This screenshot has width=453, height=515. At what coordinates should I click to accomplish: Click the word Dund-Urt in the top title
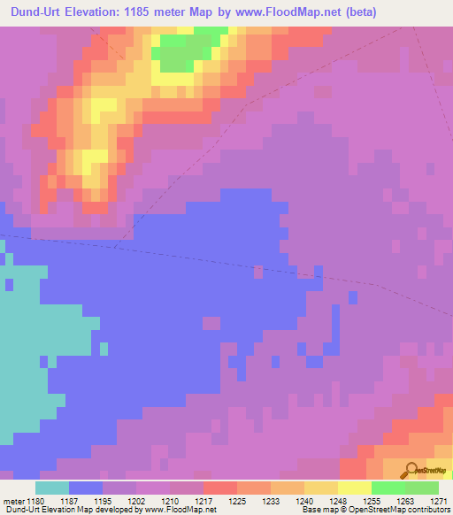[38, 12]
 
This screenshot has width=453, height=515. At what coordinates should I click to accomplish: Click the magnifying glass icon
[411, 471]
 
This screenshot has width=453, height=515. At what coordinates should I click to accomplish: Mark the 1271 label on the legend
[440, 500]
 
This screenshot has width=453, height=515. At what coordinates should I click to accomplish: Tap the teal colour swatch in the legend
[51, 488]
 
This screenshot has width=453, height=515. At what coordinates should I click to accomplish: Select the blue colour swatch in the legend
[85, 488]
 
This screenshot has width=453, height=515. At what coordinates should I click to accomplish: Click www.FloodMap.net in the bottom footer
[180, 510]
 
